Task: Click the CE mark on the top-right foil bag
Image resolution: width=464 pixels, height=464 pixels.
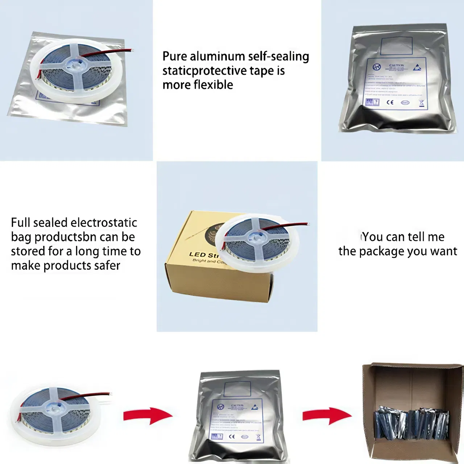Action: [390, 102]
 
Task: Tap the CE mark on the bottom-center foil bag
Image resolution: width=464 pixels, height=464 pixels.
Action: [232, 436]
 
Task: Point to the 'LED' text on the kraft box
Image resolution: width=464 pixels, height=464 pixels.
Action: [197, 254]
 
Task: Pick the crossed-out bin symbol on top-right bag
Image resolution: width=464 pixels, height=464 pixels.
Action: [421, 103]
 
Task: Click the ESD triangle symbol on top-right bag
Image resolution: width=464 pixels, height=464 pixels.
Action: [417, 67]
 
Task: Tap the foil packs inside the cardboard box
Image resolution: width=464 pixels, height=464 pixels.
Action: [411, 422]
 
